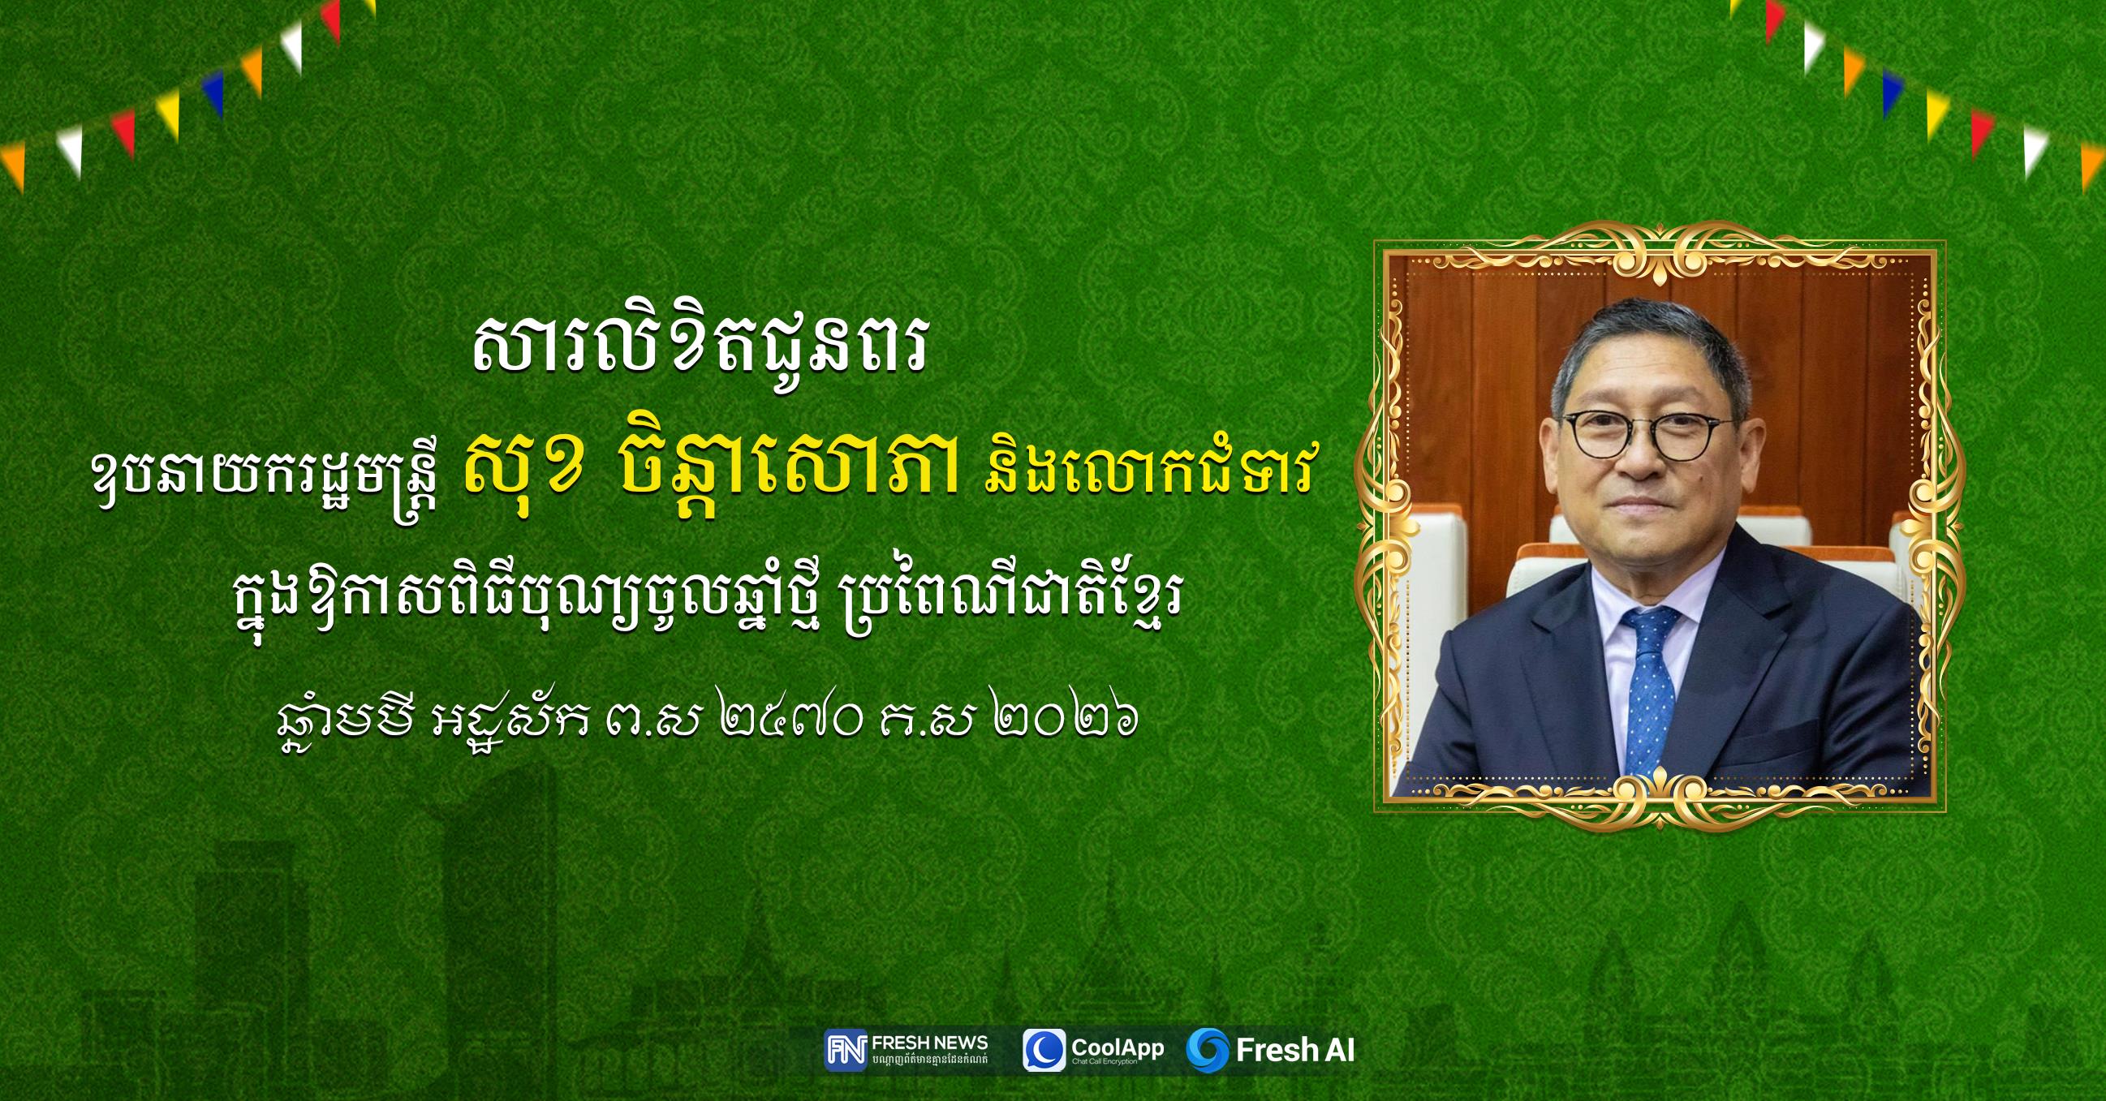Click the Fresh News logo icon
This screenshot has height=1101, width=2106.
point(846,1050)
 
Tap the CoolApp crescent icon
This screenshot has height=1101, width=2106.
point(1044,1051)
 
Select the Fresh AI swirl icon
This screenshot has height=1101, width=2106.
point(1208,1051)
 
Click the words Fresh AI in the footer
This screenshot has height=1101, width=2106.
point(1295,1051)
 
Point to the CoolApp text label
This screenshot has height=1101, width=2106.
point(1118,1048)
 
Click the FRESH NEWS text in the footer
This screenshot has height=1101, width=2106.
point(930,1043)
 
